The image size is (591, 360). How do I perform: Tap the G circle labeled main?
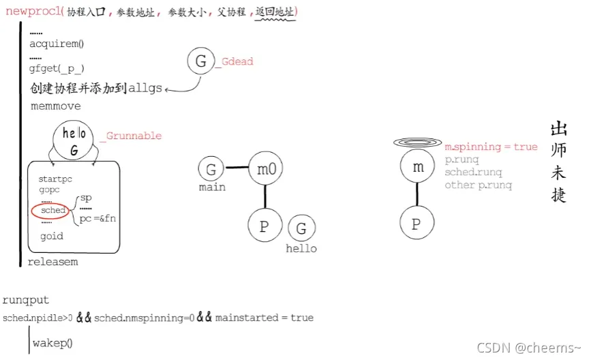pos(211,169)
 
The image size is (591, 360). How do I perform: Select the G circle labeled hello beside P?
pos(301,228)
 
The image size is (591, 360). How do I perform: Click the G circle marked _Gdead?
pos(201,61)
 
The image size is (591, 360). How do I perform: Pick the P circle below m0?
pos(264,226)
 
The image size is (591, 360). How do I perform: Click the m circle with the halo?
pos(417,167)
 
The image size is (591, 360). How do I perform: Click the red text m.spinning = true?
pos(491,147)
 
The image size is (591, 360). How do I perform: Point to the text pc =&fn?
pos(98,219)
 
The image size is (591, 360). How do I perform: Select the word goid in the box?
pos(52,236)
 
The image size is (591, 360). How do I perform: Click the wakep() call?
pos(52,342)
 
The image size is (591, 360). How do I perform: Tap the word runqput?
pos(26,300)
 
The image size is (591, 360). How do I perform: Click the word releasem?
pos(52,262)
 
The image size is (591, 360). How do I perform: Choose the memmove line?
pos(55,106)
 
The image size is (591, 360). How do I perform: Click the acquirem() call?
pos(56,44)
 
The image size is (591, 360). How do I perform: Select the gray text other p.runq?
pos(479,185)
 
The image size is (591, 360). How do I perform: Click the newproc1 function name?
pos(34,12)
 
